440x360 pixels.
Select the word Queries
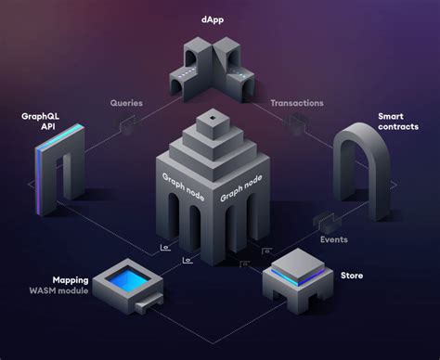tap(126, 104)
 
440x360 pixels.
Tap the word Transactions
tap(297, 104)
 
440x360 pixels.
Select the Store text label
tap(352, 276)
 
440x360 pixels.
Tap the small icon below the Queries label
tap(127, 130)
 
